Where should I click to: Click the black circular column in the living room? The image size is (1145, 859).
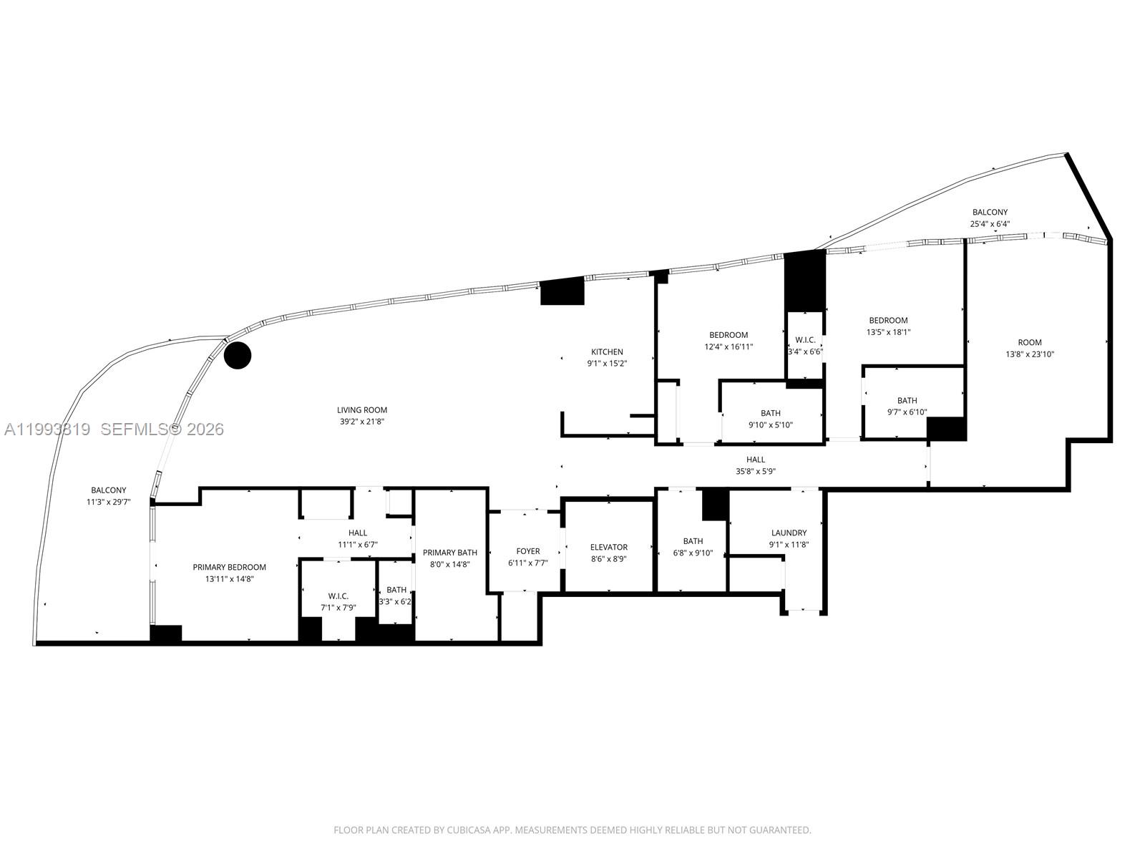click(238, 356)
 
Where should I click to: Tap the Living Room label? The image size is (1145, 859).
click(362, 410)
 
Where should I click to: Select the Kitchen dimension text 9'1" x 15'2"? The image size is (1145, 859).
click(606, 364)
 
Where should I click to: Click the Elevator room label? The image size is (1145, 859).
click(608, 547)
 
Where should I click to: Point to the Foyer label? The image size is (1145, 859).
click(528, 551)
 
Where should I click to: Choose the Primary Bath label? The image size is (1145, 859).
click(449, 553)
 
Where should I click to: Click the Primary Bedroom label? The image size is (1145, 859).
click(229, 567)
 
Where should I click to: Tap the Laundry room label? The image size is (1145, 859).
click(789, 533)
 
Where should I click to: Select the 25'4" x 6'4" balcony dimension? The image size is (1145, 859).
click(990, 224)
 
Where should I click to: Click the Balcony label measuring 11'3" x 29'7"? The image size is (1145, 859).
click(108, 490)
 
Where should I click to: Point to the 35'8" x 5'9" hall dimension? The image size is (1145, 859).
click(756, 471)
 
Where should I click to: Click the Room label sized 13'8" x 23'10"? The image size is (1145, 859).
click(1030, 342)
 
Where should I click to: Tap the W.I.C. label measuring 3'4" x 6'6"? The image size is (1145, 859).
click(805, 340)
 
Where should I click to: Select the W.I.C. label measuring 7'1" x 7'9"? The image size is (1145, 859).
click(338, 596)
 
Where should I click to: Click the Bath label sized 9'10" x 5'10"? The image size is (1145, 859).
click(771, 413)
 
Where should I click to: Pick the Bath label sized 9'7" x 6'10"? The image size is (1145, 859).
click(907, 400)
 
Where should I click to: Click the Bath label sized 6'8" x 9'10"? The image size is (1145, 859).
click(693, 541)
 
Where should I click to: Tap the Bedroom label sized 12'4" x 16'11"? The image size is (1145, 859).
click(729, 335)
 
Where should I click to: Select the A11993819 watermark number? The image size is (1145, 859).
click(47, 429)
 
